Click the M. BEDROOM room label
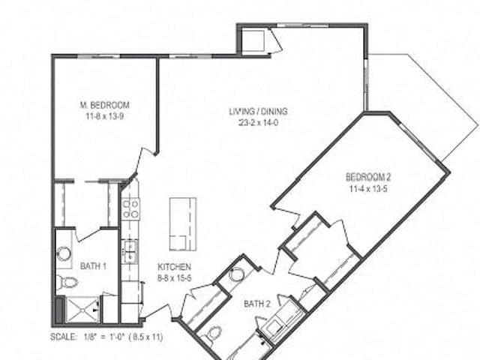pyautogui.click(x=105, y=105)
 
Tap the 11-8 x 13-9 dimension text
pyautogui.click(x=105, y=117)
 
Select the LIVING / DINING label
pyautogui.click(x=258, y=111)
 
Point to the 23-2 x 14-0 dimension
pyautogui.click(x=258, y=123)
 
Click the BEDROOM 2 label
pyautogui.click(x=368, y=177)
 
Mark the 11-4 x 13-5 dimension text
pyautogui.click(x=368, y=189)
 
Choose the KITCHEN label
pyautogui.click(x=175, y=267)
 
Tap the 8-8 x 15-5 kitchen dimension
pyautogui.click(x=175, y=278)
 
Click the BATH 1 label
pyautogui.click(x=93, y=266)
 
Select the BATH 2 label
pyautogui.click(x=257, y=304)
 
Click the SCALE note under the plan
pyautogui.click(x=106, y=337)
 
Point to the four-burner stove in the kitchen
pyautogui.click(x=130, y=209)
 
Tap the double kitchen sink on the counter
pyautogui.click(x=130, y=251)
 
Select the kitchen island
pyautogui.click(x=183, y=224)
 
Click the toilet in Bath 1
pyautogui.click(x=67, y=282)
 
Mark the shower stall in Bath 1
pyautogui.click(x=82, y=310)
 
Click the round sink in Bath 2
pyautogui.click(x=237, y=274)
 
